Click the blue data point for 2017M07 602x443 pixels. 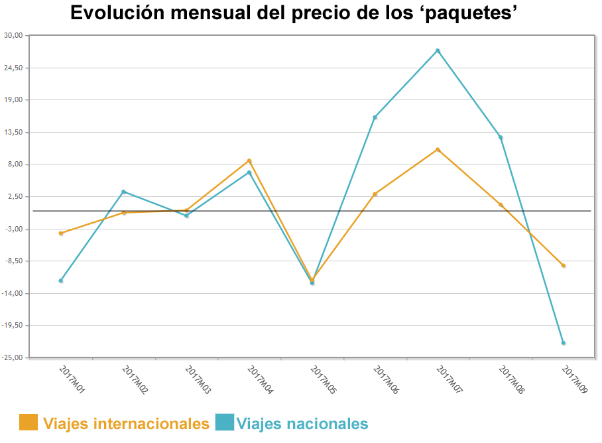coord(438,50)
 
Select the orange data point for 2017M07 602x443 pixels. coord(438,150)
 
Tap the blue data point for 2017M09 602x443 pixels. coord(563,343)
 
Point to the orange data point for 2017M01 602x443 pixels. coord(61,233)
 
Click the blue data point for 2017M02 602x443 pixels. coord(123,192)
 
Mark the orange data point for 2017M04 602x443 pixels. coord(249,160)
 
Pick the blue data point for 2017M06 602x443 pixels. coord(375,117)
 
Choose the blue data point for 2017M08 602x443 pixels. coord(501,137)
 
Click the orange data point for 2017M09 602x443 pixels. coord(563,266)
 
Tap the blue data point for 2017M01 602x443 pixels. coord(61,281)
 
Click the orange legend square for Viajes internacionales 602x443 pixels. coord(29,422)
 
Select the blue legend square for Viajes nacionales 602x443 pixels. coord(225,422)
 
